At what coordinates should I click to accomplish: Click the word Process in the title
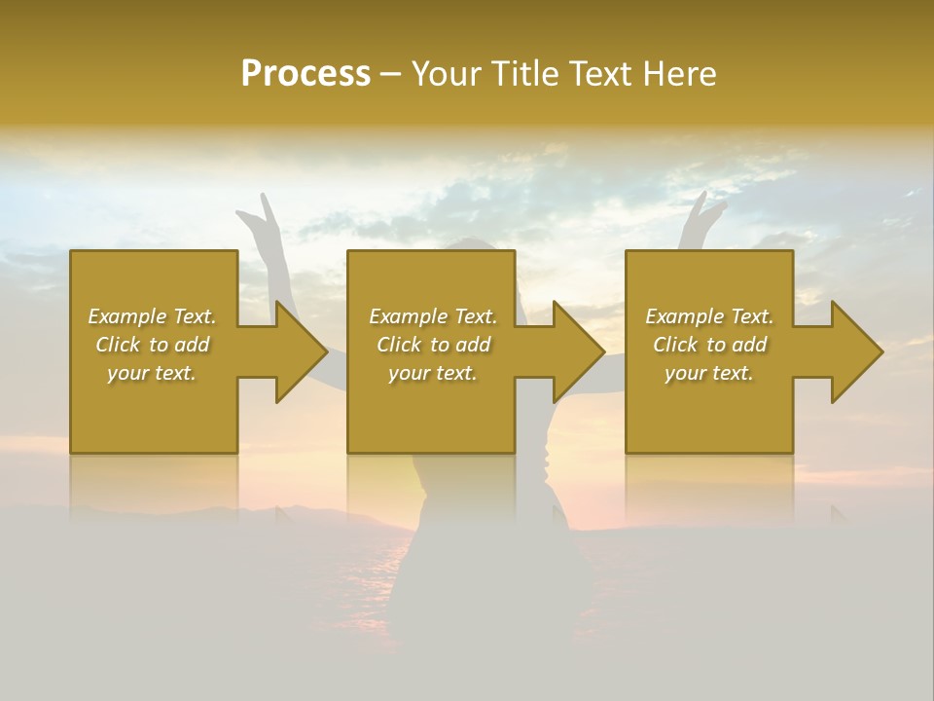305,74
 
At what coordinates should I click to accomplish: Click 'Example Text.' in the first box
152,316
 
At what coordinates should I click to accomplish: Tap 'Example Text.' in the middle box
433,316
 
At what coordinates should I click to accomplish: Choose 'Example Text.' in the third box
709,316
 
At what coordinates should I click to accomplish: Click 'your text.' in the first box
152,373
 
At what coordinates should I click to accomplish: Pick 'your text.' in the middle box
433,373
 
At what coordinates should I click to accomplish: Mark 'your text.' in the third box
709,373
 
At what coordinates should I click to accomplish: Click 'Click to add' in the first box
152,345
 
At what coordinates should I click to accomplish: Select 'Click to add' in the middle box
433,345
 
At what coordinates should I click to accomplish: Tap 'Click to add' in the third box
709,345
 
